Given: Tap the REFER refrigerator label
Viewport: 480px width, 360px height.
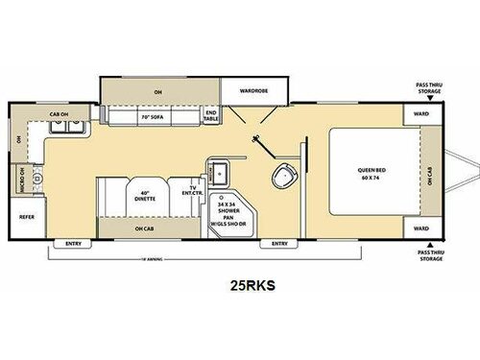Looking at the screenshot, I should click(x=26, y=216).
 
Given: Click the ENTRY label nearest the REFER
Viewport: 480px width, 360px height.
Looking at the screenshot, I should click(x=74, y=244).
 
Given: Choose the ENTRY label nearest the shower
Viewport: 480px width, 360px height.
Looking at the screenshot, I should click(x=278, y=244).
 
